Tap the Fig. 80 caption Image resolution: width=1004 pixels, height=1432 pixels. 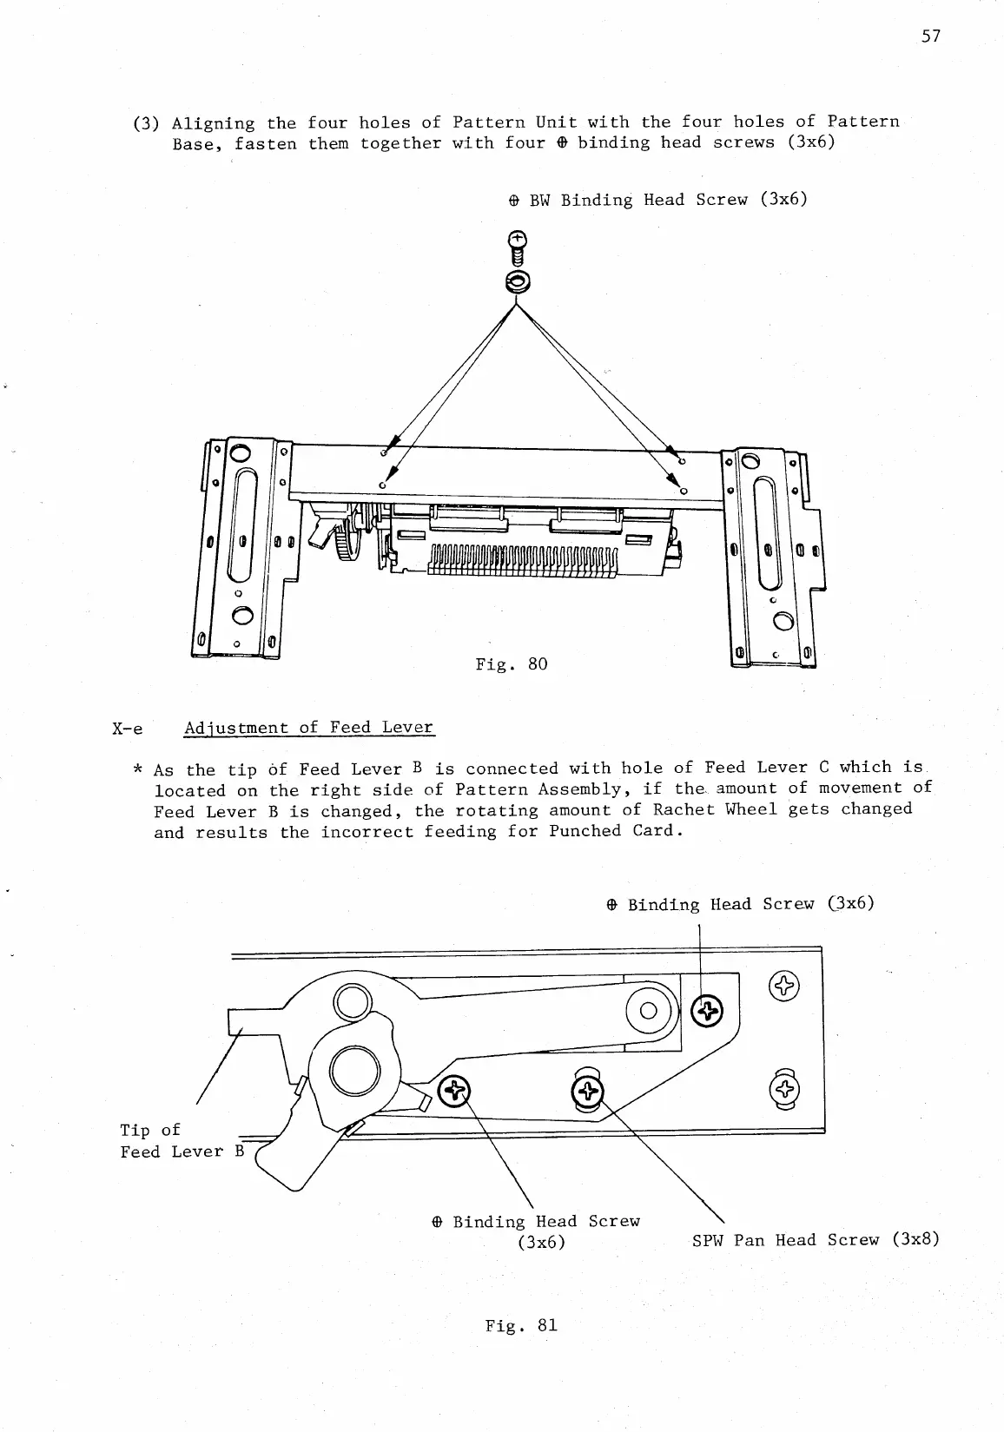[x=512, y=664]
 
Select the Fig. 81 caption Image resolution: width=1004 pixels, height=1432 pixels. [x=521, y=1325]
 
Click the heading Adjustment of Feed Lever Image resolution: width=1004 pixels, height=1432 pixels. [x=308, y=728]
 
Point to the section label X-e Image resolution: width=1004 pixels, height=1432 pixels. [x=127, y=729]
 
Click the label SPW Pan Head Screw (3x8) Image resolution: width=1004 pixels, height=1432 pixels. [x=816, y=1240]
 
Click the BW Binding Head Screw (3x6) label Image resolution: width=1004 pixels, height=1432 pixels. [x=657, y=200]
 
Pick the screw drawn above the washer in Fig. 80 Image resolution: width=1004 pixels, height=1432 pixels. [x=517, y=248]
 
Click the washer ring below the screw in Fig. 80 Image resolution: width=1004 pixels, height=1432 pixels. [x=517, y=281]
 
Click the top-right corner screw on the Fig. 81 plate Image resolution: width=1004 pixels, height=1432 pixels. [x=783, y=985]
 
